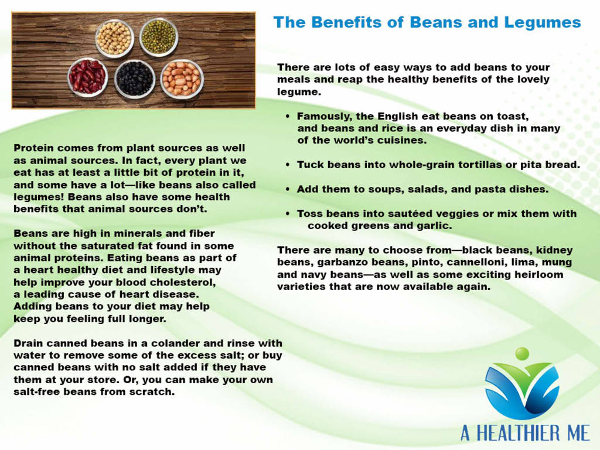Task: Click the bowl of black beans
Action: (135, 79)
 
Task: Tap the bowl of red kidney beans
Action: (88, 77)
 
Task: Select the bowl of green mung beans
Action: (158, 37)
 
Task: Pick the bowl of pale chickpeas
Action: (114, 37)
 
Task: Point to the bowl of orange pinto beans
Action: (182, 79)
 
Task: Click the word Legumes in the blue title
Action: (542, 23)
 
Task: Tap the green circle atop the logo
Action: (522, 353)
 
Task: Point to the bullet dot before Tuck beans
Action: (288, 165)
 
